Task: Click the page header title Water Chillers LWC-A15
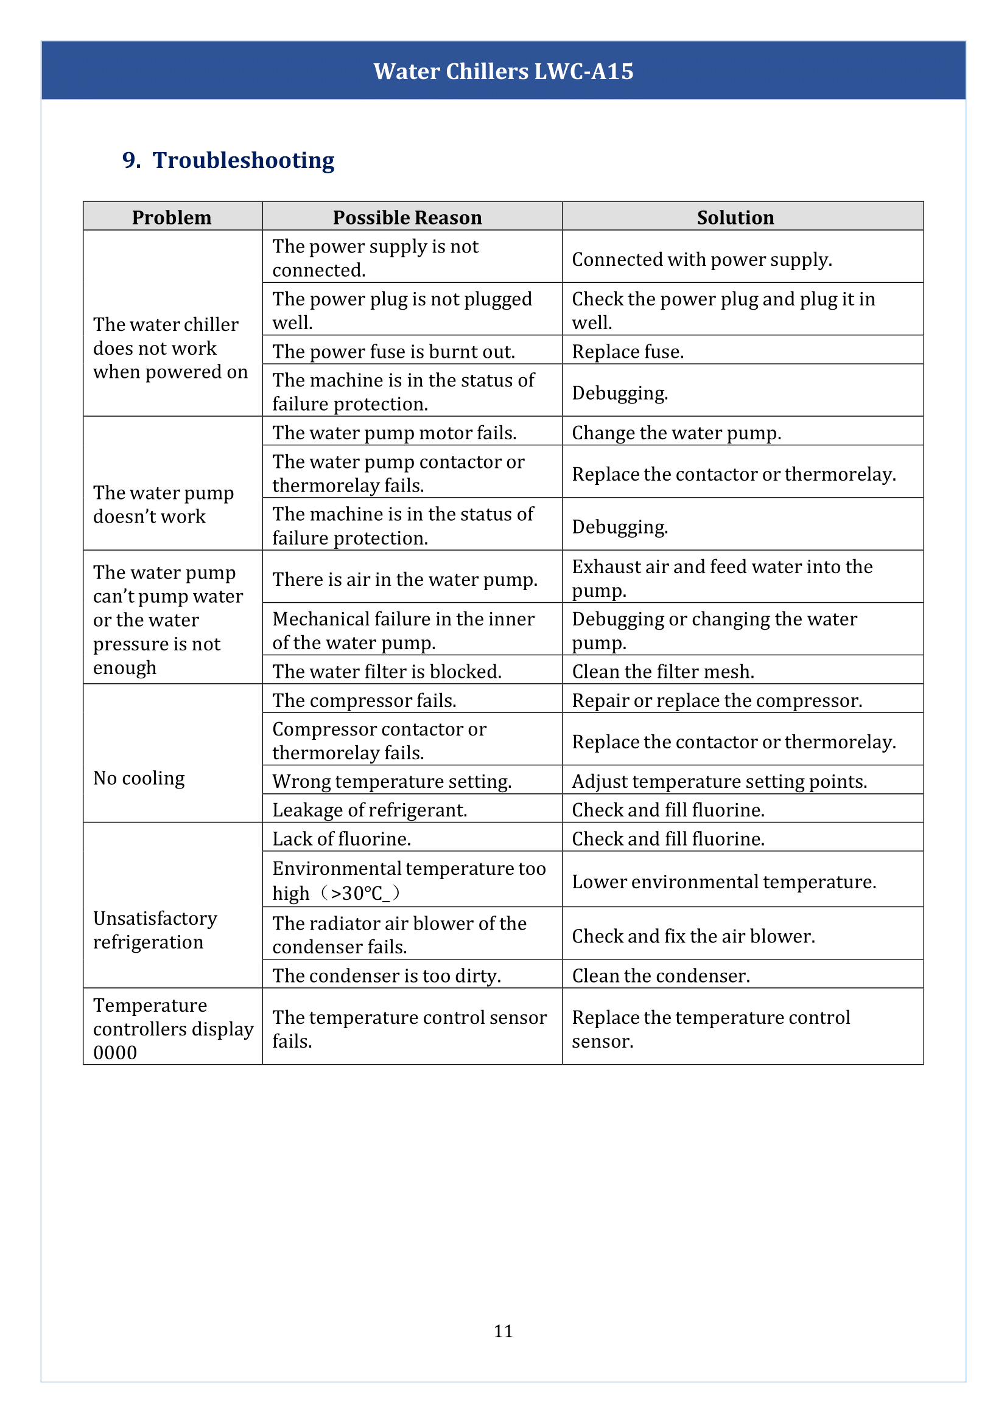click(503, 71)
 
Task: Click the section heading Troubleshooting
click(243, 160)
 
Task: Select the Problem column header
click(172, 217)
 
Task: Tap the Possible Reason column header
click(407, 217)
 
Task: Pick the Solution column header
click(735, 217)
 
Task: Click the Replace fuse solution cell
click(628, 352)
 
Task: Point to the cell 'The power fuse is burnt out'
click(394, 352)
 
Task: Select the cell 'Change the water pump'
click(676, 433)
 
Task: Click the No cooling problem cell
click(139, 778)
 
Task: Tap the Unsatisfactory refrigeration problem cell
click(155, 930)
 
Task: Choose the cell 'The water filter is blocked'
click(387, 671)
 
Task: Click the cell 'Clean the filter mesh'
click(663, 671)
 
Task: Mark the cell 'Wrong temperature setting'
click(392, 781)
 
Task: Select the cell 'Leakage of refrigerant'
click(370, 809)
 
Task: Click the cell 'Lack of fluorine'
click(342, 838)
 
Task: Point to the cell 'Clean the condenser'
click(661, 975)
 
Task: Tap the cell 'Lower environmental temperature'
click(724, 882)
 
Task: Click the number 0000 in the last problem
click(115, 1052)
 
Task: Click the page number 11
click(503, 1331)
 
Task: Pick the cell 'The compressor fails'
click(364, 700)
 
